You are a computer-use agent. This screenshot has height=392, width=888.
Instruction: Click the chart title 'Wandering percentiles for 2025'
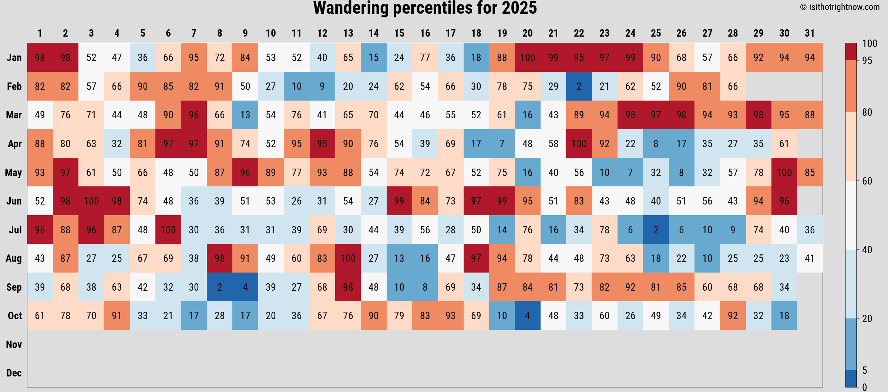pos(425,8)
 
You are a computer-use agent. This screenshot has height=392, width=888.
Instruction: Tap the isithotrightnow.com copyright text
pos(840,7)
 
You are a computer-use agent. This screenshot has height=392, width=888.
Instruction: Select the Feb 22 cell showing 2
pos(579,87)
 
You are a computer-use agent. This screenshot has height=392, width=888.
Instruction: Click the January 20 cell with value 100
pos(527,58)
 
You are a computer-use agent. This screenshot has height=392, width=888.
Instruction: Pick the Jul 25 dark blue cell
pos(656,230)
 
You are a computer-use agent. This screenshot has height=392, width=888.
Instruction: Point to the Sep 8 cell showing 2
pos(219,287)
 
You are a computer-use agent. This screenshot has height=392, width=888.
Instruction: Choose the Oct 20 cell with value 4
pos(527,316)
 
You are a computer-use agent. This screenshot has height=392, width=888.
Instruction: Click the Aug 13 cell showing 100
pos(348,258)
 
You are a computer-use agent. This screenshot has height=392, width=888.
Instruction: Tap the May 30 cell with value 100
pos(784,173)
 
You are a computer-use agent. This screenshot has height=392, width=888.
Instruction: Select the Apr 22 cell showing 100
pos(579,144)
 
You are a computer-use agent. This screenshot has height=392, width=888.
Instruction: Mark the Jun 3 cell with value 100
pos(91,201)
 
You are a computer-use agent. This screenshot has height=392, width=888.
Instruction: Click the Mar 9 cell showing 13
pos(245,115)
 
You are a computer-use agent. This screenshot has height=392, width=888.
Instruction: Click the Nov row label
pos(14,345)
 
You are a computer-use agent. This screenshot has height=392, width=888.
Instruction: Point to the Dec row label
pos(14,373)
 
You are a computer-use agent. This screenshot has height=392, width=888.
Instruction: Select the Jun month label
pos(14,201)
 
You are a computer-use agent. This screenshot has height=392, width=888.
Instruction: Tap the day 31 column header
pos(810,33)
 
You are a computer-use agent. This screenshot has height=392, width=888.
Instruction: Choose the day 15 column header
pos(399,33)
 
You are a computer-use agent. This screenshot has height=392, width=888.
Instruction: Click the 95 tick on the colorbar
pos(867,60)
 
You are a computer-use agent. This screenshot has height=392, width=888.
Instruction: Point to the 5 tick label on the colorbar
pos(864,370)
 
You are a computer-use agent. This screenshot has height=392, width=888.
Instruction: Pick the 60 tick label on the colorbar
pos(867,181)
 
